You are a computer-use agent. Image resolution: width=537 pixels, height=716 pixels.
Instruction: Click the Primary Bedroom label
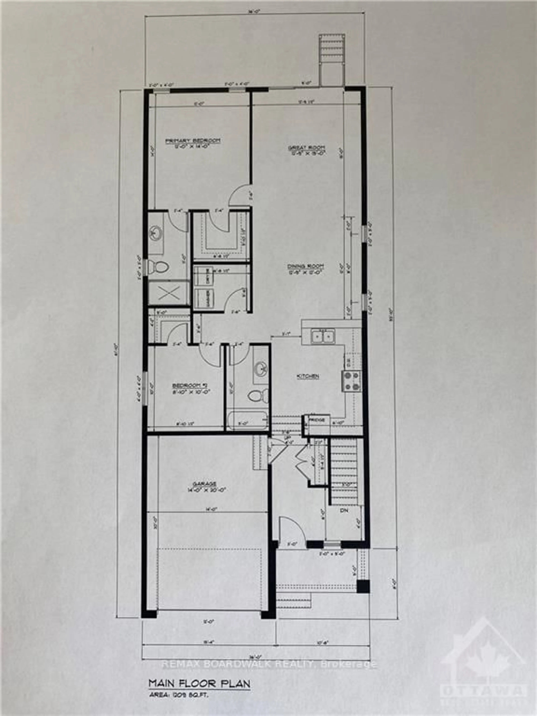coord(193,141)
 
